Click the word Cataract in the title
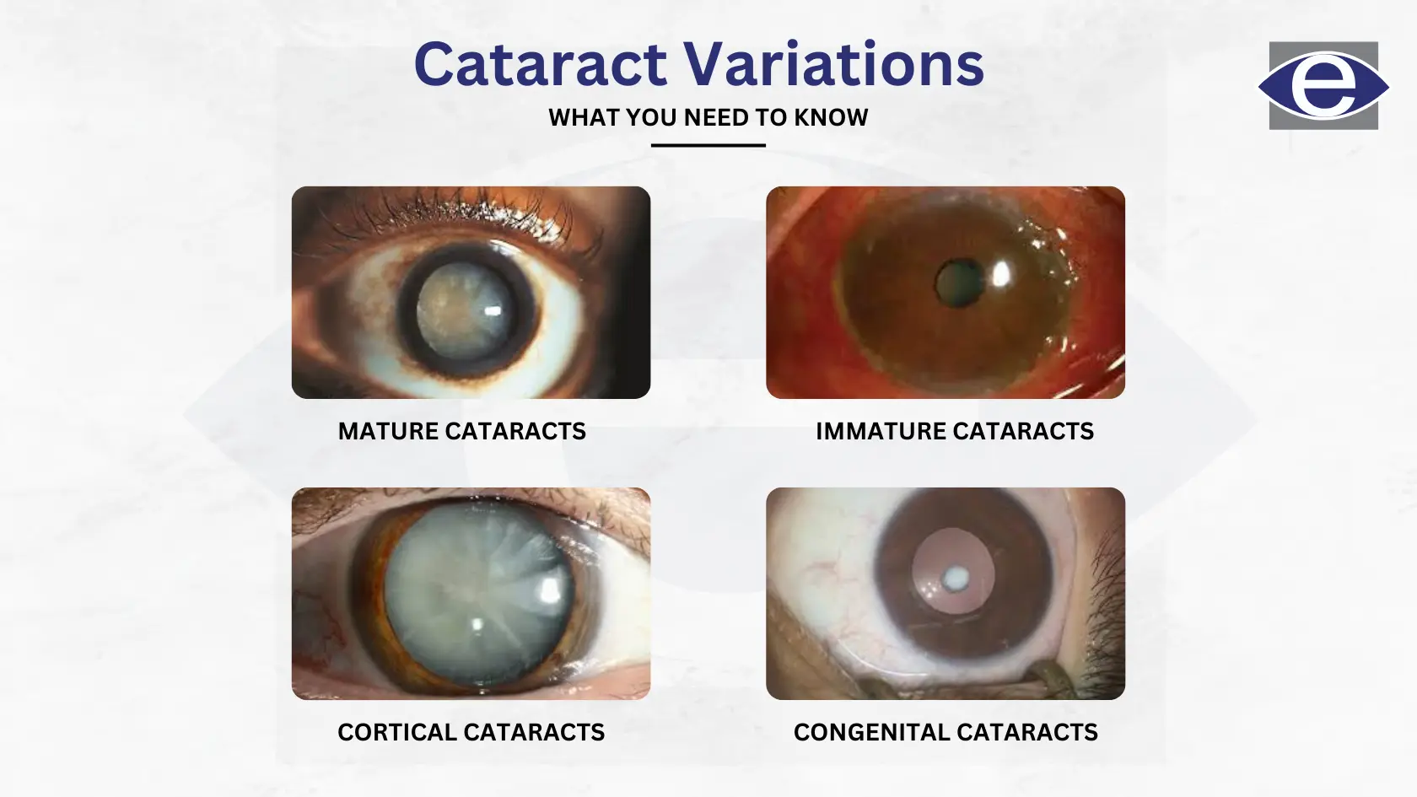[541, 64]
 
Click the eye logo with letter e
[1323, 86]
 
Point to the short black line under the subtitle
[708, 145]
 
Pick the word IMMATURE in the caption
[881, 432]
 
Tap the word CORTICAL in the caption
[396, 732]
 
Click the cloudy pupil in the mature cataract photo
[465, 311]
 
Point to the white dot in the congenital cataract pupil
[956, 578]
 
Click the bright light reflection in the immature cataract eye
[1001, 275]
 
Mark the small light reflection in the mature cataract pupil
[493, 310]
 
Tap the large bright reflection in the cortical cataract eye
[550, 590]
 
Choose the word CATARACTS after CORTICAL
[534, 732]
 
